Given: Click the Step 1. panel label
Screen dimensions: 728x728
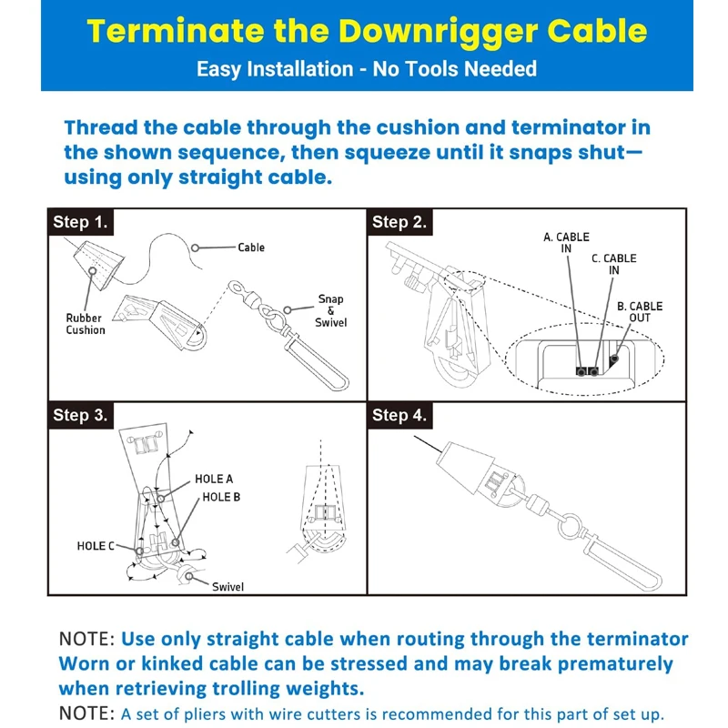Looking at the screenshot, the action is point(80,222).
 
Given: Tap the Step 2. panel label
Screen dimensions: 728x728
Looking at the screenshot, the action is point(399,222).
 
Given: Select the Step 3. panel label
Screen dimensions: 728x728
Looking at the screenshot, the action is point(80,415).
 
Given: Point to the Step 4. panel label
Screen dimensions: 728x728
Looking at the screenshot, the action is point(399,415).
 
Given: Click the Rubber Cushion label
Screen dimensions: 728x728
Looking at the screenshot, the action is point(86,324).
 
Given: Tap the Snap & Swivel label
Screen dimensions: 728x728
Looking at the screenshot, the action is point(330,310).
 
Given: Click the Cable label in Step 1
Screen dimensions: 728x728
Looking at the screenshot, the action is point(251,248).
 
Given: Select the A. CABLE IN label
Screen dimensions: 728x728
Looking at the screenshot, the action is point(566,243).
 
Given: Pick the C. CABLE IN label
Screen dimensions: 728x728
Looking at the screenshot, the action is point(613,264).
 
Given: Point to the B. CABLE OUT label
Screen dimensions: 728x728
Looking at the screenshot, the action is point(640,312).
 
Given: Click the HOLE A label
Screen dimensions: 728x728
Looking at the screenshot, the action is point(214,479).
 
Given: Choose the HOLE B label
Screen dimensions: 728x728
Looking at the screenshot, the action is point(221,497).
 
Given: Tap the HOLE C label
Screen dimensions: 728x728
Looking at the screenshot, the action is point(96,545).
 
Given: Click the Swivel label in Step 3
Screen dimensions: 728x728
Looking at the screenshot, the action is point(227,587).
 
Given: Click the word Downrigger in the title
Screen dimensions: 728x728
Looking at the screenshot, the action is point(438,32).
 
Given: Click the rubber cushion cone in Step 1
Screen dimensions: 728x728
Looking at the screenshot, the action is point(98,264).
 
